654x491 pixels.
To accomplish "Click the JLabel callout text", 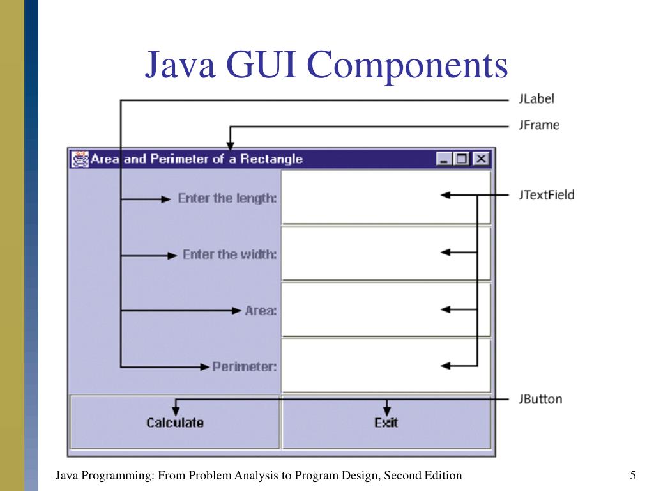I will pos(536,99).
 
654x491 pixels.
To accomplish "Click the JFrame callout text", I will pos(538,125).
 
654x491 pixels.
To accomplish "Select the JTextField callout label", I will pos(546,195).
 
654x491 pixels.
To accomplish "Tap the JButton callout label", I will pos(540,400).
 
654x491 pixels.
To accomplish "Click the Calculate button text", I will pos(175,423).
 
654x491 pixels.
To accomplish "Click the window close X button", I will pos(480,159).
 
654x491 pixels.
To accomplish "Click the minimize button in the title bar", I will pos(445,159).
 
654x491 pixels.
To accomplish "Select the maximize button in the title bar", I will pos(462,159).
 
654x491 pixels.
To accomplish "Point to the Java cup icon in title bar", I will pos(80,159).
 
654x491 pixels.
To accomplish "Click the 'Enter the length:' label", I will pos(227,198).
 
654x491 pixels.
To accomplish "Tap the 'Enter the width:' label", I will pos(229,254).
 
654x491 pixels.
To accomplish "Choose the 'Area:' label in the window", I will pos(261,311).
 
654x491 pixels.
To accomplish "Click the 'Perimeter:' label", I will pos(244,367).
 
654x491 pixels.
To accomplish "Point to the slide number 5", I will pos(632,475).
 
